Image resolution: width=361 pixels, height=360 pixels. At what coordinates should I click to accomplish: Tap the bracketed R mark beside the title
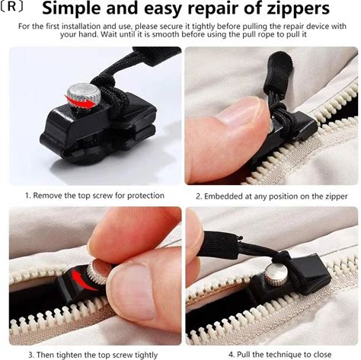click(11, 8)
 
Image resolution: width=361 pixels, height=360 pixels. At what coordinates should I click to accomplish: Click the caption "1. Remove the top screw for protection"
click(94, 196)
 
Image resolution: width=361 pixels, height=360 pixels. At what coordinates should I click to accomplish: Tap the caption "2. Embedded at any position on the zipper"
click(271, 196)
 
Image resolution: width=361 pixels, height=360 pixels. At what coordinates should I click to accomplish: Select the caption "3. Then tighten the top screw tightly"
click(93, 355)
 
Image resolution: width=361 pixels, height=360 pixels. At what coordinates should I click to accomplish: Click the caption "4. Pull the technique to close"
click(280, 354)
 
